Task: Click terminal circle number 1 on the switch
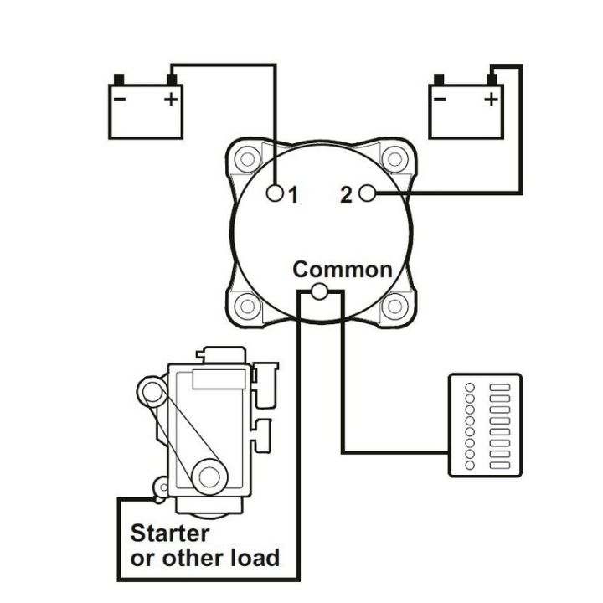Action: [x=275, y=194]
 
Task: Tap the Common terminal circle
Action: [x=319, y=291]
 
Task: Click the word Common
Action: [x=343, y=269]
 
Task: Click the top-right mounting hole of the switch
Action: [x=392, y=157]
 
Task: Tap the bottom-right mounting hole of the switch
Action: [x=392, y=306]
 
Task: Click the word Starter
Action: [x=170, y=533]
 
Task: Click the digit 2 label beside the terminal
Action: [x=347, y=195]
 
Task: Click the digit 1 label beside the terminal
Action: [x=293, y=195]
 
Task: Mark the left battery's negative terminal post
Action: [x=119, y=80]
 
